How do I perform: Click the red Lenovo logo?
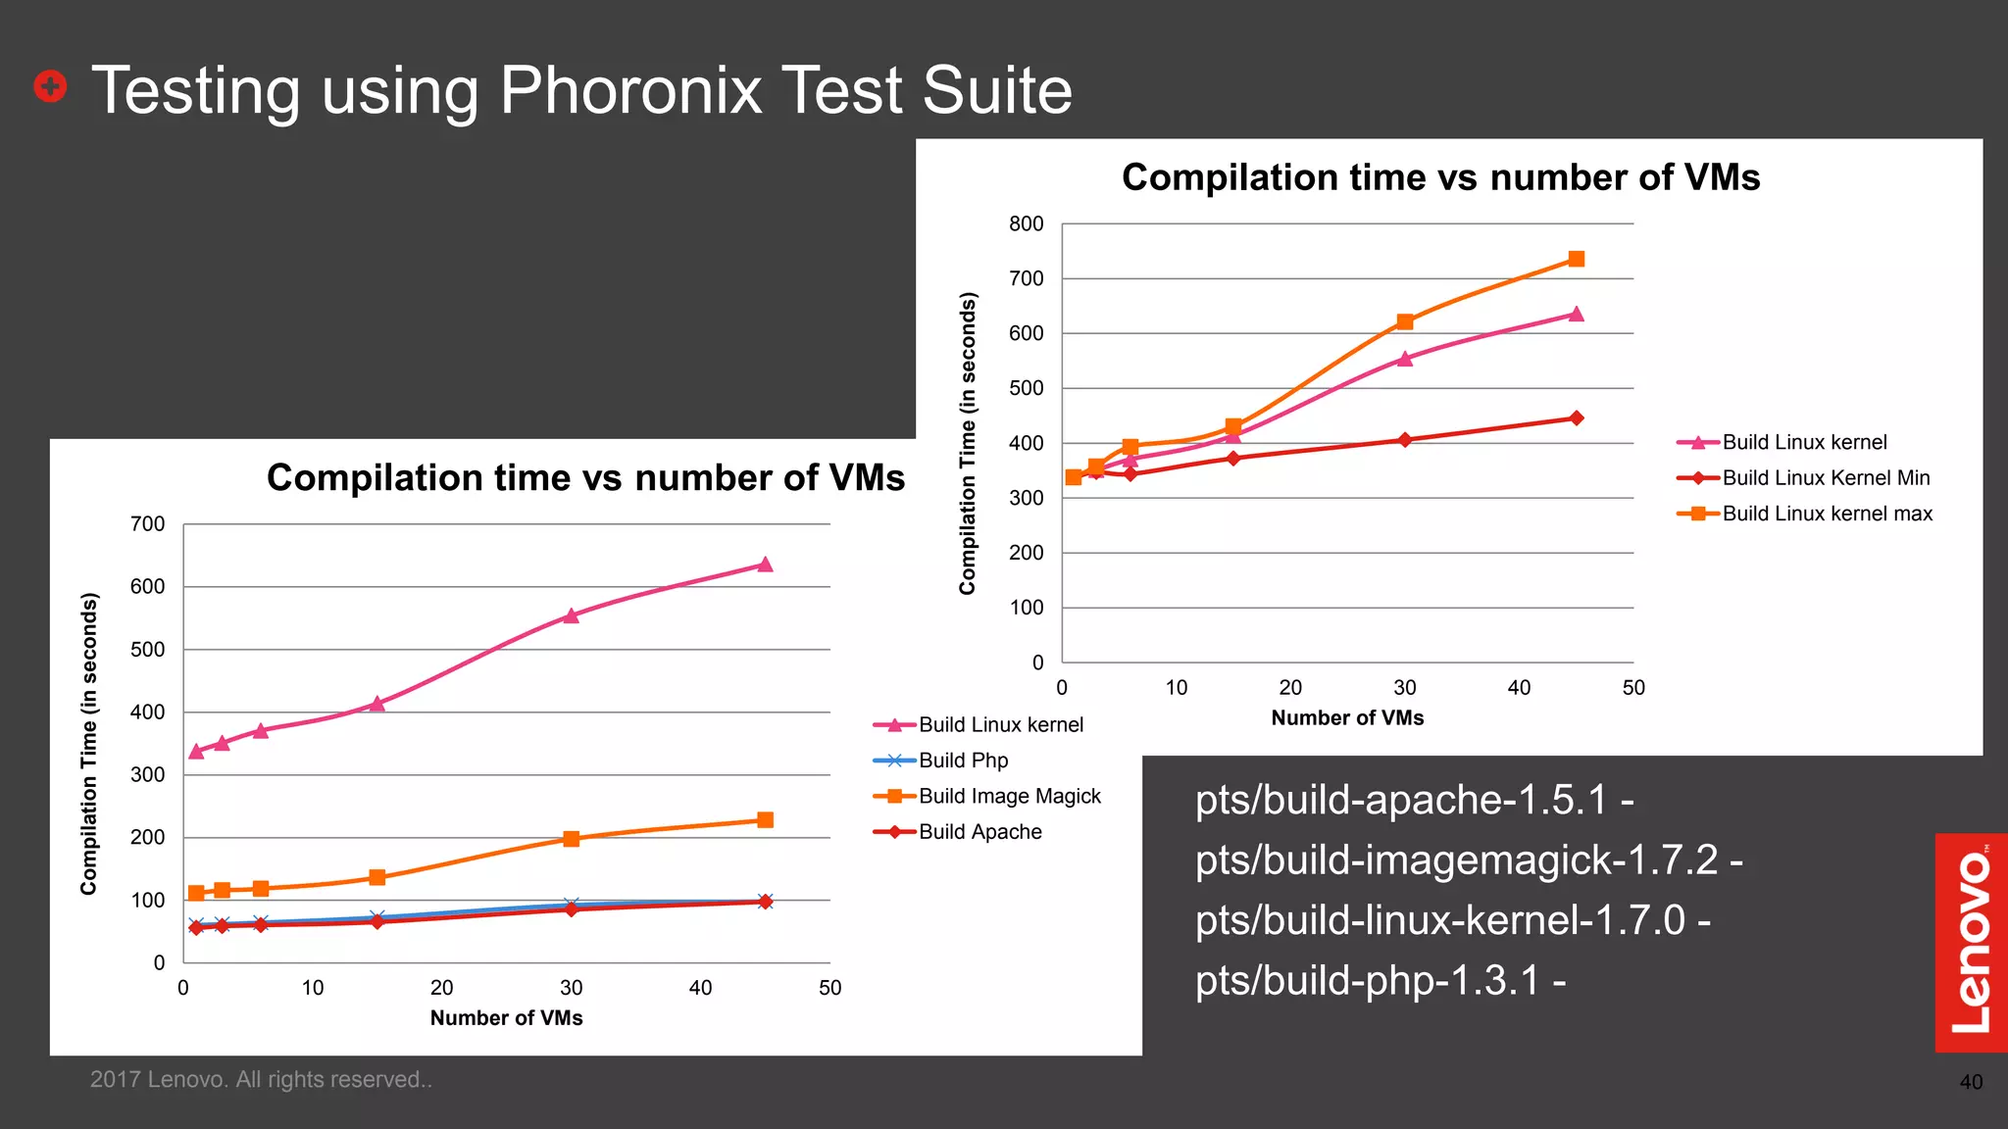[1971, 942]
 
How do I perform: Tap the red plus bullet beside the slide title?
[50, 86]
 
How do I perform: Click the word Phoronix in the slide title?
[630, 90]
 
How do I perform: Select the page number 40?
[1971, 1082]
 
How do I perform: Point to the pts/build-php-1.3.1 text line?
[1380, 980]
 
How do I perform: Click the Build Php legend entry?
[963, 761]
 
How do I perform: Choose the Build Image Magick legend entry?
[1009, 796]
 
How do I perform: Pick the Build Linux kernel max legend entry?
[1827, 514]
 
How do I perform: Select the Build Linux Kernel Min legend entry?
[1826, 478]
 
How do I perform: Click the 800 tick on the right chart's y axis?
[1026, 224]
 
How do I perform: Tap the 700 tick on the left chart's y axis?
[147, 524]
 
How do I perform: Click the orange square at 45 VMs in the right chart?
[1577, 259]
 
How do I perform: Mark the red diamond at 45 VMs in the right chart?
[1577, 418]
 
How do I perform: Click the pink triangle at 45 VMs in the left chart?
[765, 564]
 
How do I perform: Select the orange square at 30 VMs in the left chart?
[572, 839]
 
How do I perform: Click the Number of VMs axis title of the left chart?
[506, 1017]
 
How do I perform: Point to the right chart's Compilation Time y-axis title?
[968, 443]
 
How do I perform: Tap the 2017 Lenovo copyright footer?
[261, 1079]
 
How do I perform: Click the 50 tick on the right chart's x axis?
[1632, 688]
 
